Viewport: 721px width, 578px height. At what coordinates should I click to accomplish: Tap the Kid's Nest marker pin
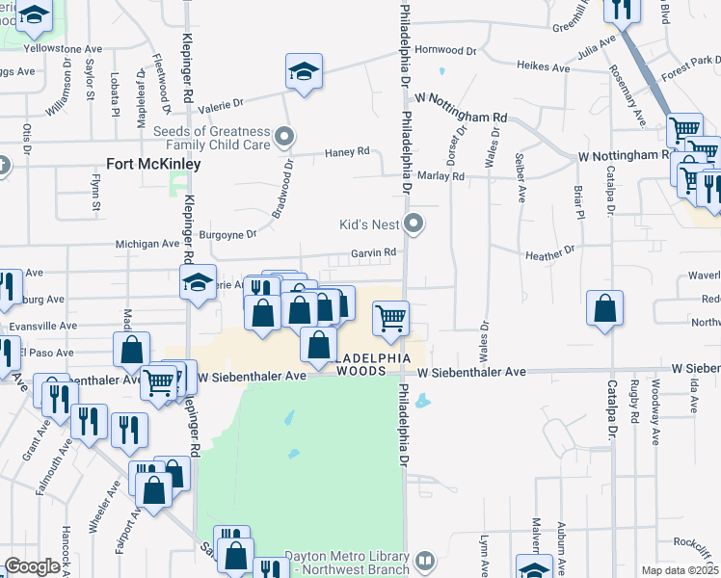[414, 224]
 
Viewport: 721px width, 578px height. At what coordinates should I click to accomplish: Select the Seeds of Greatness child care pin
[284, 138]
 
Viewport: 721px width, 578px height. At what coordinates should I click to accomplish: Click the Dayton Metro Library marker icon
[424, 560]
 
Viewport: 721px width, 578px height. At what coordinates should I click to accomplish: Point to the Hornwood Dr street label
[440, 49]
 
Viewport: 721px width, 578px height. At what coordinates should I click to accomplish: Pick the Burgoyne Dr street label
[227, 233]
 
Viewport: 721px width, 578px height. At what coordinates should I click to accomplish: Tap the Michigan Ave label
[147, 245]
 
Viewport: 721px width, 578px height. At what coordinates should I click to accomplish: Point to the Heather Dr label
[549, 254]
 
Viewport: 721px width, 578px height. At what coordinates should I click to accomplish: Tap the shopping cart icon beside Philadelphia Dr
[390, 317]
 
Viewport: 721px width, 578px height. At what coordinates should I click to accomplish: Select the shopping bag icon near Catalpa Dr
[604, 308]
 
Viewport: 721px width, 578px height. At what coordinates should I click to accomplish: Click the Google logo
[32, 566]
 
